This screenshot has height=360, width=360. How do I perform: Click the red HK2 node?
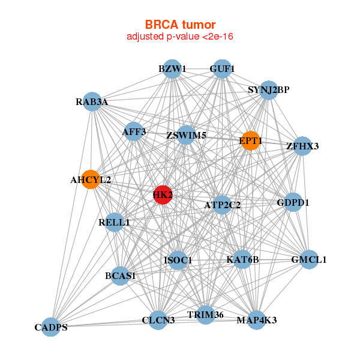(x=163, y=194)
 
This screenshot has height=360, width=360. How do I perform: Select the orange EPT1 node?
(x=250, y=141)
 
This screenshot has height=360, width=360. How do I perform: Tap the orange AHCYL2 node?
(x=91, y=179)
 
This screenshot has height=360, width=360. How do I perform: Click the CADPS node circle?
(x=51, y=327)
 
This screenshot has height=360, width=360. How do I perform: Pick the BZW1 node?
(x=172, y=69)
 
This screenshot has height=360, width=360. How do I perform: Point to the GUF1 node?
(x=222, y=69)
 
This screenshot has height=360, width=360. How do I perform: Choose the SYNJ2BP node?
(x=268, y=91)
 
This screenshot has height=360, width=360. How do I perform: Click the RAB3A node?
(x=92, y=102)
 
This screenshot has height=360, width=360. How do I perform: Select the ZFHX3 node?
(x=303, y=146)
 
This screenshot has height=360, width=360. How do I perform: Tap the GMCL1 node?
(x=308, y=260)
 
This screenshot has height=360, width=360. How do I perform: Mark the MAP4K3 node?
(x=257, y=320)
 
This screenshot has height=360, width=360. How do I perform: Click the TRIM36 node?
(x=206, y=315)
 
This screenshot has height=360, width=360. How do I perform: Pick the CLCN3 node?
(x=158, y=320)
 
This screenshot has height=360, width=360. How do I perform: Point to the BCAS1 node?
(x=121, y=276)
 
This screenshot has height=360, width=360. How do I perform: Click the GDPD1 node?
(x=293, y=203)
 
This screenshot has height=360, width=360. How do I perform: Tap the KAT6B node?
(x=242, y=260)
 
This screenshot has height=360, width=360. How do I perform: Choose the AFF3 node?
(x=134, y=131)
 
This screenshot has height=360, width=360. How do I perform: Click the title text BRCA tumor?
(x=180, y=25)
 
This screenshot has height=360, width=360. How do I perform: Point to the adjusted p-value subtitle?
(x=180, y=37)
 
